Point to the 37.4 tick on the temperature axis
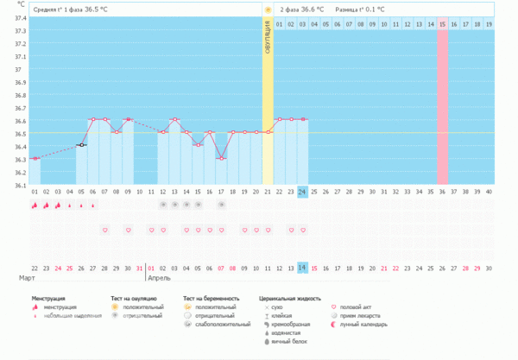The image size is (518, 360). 20,18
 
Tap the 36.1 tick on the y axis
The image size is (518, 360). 20,185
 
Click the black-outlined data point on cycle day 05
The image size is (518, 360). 81,145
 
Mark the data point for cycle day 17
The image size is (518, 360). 221,158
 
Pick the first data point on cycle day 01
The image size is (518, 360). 35,158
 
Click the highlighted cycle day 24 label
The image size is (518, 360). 303,192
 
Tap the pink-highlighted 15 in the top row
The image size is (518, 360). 442,23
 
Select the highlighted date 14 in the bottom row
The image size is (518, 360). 303,268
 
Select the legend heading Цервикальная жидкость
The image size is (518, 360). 290,298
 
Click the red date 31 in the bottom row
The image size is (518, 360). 140,268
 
